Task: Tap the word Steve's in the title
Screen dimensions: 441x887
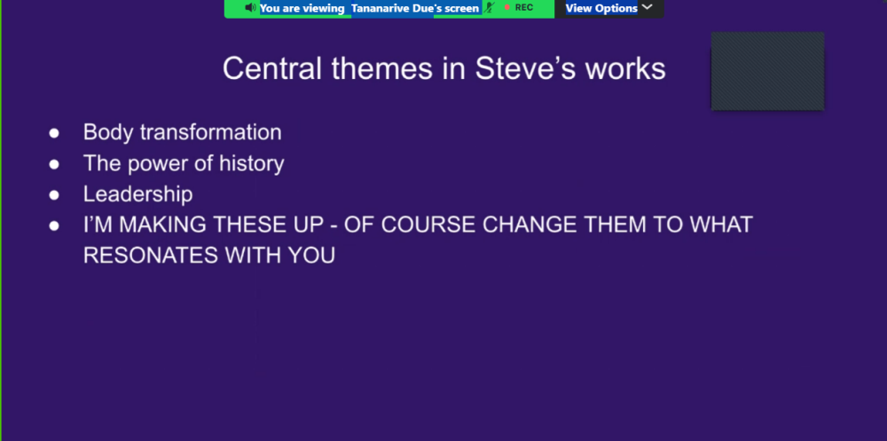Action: click(x=520, y=68)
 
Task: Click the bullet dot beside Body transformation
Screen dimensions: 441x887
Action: click(x=54, y=133)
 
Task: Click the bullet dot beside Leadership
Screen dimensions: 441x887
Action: click(x=54, y=194)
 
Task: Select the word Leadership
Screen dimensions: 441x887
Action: click(x=137, y=194)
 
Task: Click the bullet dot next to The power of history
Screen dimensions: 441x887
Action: click(x=54, y=164)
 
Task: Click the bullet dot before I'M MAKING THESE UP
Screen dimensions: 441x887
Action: click(x=54, y=225)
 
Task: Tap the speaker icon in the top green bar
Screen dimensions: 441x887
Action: click(x=251, y=8)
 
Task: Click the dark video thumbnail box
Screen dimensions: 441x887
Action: click(x=767, y=71)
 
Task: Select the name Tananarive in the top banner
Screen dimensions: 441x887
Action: click(x=384, y=8)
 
